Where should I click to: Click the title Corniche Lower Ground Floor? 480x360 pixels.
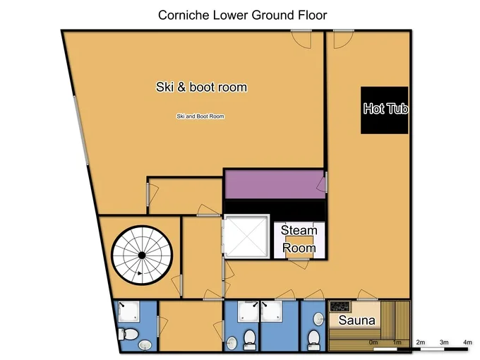[x=242, y=15]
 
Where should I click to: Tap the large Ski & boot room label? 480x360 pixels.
[x=201, y=87]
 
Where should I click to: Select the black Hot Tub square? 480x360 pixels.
[x=385, y=110]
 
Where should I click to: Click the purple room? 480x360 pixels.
[x=275, y=185]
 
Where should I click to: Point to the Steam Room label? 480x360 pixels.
[x=299, y=239]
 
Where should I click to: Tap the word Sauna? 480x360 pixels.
[x=356, y=320]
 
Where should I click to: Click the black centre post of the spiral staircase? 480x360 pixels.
[x=142, y=256]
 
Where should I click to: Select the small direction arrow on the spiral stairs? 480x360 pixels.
[x=140, y=273]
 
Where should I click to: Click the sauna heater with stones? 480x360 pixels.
[x=340, y=306]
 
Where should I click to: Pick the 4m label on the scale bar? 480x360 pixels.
[x=467, y=342]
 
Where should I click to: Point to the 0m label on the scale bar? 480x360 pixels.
[x=373, y=342]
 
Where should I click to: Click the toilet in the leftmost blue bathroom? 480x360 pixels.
[x=128, y=334]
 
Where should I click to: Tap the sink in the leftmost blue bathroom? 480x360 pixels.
[x=145, y=345]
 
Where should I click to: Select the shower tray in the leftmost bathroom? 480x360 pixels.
[x=128, y=311]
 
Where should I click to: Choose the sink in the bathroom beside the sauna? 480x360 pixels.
[x=318, y=319]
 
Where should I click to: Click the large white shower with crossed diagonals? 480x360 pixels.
[x=246, y=236]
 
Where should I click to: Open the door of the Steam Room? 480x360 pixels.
[x=299, y=264]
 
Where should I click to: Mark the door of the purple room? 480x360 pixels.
[x=322, y=184]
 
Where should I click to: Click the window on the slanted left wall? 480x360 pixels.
[x=81, y=131]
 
